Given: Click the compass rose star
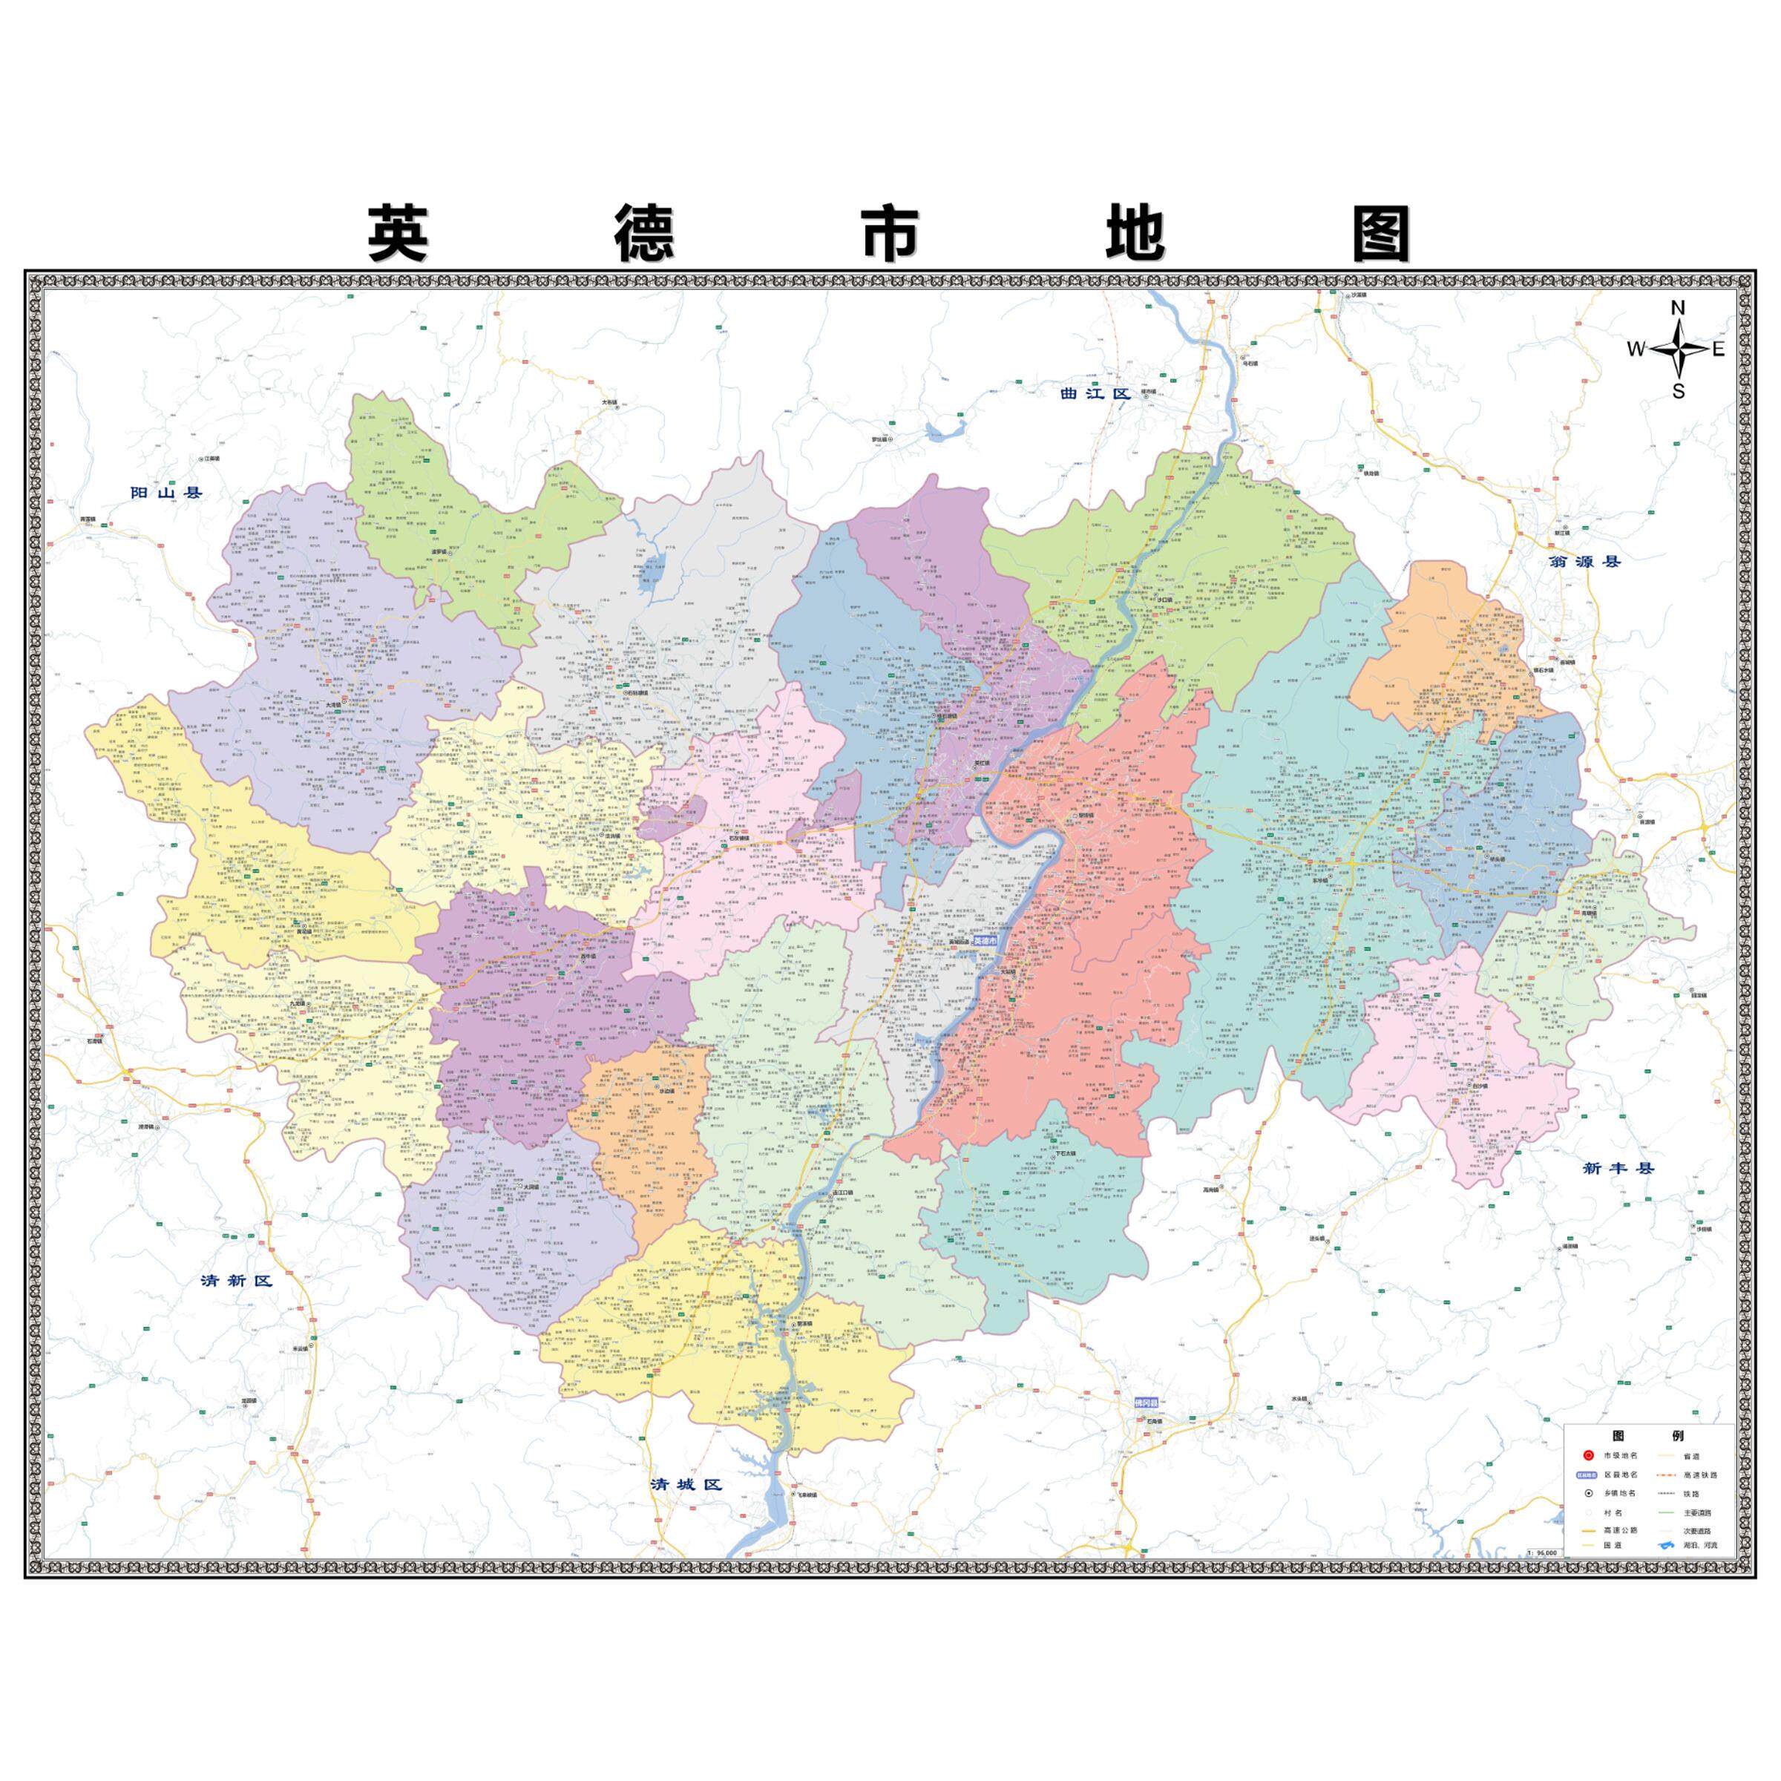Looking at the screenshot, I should (x=1679, y=350).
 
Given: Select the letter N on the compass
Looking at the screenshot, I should (x=1679, y=309).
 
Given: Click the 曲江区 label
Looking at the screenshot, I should (x=1095, y=393).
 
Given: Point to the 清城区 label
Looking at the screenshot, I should (x=686, y=1485).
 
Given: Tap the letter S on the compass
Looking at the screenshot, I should (x=1679, y=391).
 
